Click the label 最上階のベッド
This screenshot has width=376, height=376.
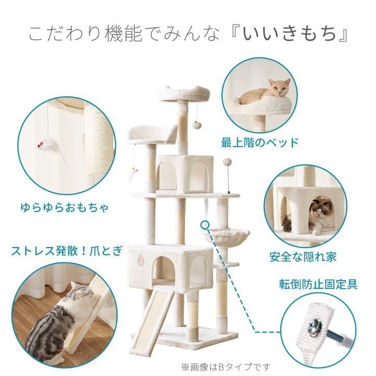click(260, 142)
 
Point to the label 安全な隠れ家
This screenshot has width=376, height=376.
click(303, 256)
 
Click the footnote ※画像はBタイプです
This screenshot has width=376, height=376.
click(226, 366)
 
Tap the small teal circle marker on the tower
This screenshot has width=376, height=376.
click(204, 225)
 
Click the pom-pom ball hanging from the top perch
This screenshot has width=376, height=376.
click(197, 125)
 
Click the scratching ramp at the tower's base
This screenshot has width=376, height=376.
click(154, 316)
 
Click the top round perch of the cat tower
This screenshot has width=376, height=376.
click(183, 94)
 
